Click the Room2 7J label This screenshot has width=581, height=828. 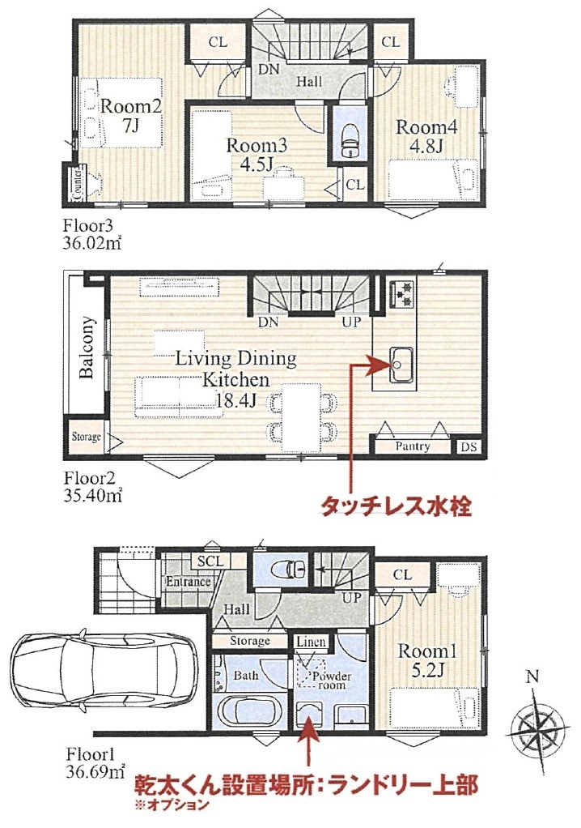[x=130, y=115]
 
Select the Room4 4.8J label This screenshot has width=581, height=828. [x=426, y=136]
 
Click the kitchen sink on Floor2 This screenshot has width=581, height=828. [x=399, y=365]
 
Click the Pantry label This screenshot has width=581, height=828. [x=413, y=446]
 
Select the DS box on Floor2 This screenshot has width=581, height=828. [x=469, y=446]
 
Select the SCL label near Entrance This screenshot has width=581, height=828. [x=211, y=561]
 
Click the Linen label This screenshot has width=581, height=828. [x=311, y=642]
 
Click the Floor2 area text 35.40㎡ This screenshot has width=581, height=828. [x=93, y=497]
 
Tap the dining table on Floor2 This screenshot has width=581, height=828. [x=300, y=417]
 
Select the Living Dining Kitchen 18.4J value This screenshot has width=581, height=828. [x=235, y=400]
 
